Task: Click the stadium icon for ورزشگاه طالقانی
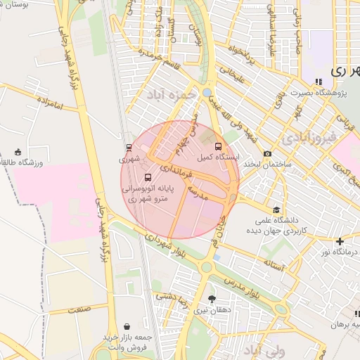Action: click(18, 152)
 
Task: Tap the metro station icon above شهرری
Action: click(129, 148)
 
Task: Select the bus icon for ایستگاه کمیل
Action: click(218, 146)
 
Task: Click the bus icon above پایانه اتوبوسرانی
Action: click(148, 177)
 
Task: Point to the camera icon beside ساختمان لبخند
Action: click(267, 154)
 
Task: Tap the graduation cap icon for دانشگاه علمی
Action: click(277, 210)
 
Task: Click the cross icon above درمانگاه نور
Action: click(340, 241)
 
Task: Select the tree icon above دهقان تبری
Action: click(212, 299)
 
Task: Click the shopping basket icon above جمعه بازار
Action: click(127, 326)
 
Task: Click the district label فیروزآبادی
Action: click(309, 135)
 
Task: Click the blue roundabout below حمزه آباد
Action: click(207, 93)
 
